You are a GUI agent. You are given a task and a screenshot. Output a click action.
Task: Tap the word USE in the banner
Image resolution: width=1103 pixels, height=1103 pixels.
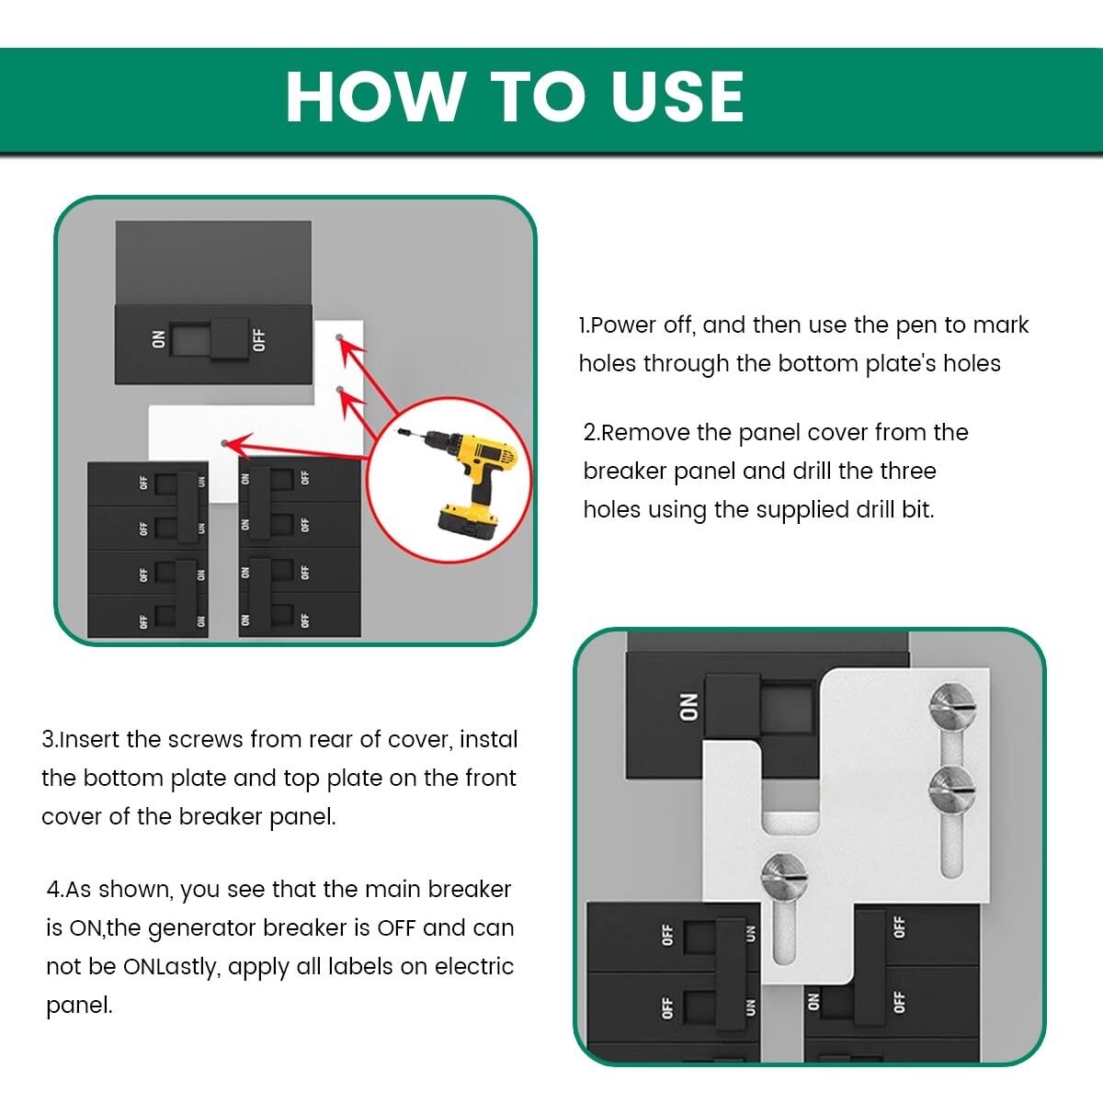[677, 97]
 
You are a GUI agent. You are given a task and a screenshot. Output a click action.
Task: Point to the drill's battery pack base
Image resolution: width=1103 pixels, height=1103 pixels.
[468, 523]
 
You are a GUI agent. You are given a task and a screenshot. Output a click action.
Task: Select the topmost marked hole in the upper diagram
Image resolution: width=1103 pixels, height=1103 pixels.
[339, 337]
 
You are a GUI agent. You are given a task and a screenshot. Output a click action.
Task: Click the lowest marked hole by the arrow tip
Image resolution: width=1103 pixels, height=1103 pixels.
[225, 444]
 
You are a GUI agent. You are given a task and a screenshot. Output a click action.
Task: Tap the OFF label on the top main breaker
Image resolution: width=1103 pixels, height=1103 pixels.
[259, 340]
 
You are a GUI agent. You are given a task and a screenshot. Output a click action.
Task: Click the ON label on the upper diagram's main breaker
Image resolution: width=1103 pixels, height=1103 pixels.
[158, 339]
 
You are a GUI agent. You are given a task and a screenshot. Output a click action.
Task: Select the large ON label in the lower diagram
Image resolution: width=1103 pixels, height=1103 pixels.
[688, 708]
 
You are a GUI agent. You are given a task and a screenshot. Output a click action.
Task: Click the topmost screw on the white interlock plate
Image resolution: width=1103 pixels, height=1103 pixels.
[952, 707]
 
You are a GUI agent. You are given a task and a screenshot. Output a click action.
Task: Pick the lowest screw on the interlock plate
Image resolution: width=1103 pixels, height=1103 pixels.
[784, 877]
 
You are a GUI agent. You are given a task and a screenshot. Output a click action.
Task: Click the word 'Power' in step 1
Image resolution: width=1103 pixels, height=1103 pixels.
[623, 325]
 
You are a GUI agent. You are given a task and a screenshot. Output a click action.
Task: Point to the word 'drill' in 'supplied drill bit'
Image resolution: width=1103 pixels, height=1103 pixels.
[869, 509]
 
